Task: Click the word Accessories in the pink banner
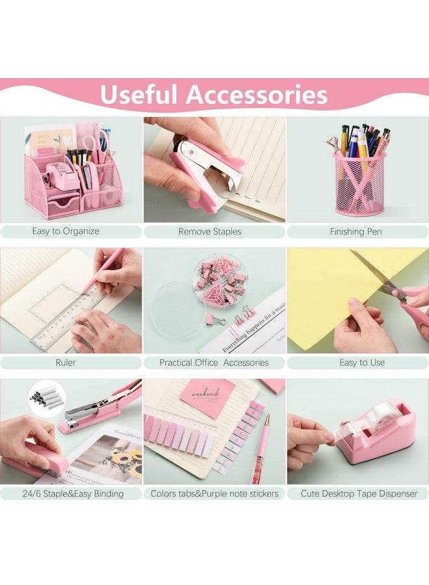point(257,95)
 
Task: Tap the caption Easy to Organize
point(66,231)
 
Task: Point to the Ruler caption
point(66,363)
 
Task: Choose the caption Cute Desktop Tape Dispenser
point(359,494)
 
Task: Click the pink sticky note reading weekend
point(207,397)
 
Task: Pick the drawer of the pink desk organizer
point(64,205)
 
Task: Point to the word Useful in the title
point(138,95)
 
